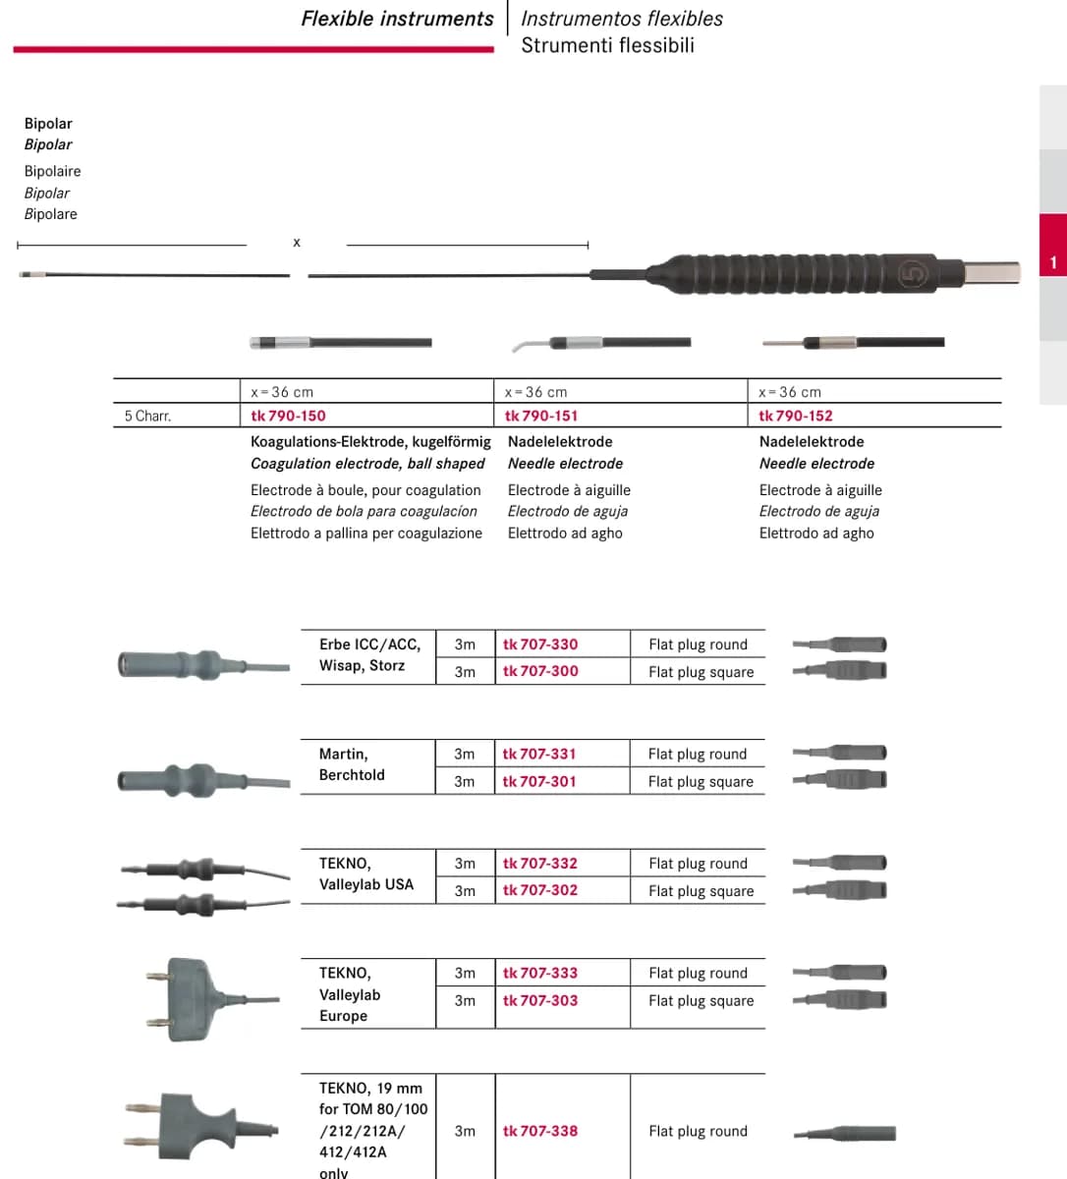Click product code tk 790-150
click(x=288, y=416)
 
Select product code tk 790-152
click(x=796, y=416)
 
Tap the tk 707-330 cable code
click(x=540, y=645)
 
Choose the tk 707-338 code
click(x=540, y=1131)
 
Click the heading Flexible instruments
click(x=397, y=19)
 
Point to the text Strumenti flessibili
click(x=608, y=45)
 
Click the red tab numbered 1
click(x=1053, y=245)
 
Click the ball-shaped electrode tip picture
click(x=340, y=343)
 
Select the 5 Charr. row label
click(x=147, y=417)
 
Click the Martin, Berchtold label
click(x=352, y=764)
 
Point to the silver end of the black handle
click(x=991, y=272)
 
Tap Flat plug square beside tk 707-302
click(x=701, y=891)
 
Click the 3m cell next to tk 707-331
click(x=464, y=754)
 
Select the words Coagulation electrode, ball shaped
click(x=367, y=464)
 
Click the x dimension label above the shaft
click(x=297, y=242)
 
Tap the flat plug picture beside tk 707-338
click(x=845, y=1133)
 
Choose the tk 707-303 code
click(x=540, y=1000)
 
